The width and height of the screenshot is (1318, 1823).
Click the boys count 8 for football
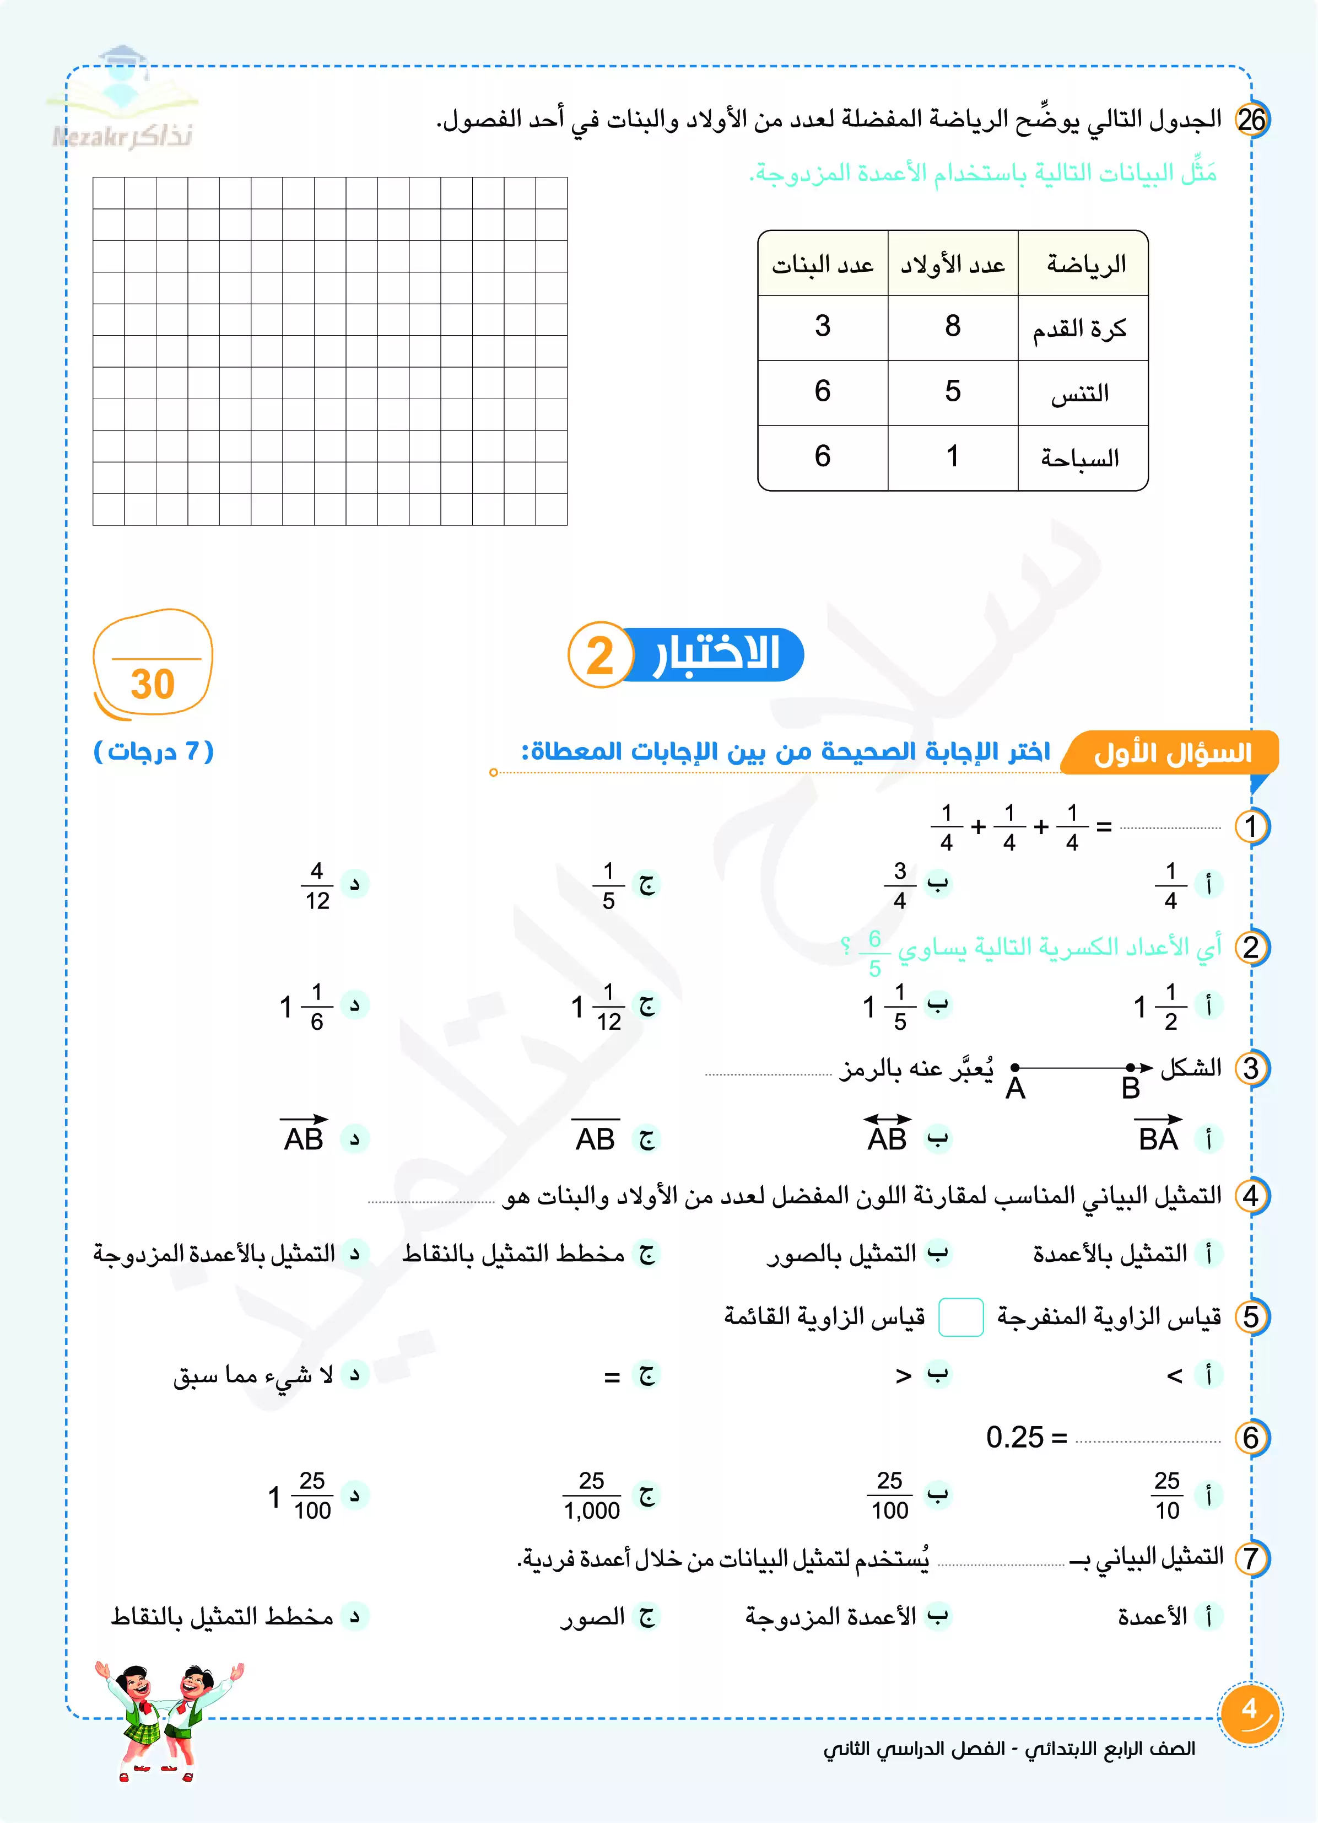(x=952, y=326)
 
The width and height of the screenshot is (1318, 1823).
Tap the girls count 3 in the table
(x=822, y=326)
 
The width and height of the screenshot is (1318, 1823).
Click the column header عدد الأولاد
(x=952, y=265)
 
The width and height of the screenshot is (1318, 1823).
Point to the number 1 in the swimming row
(x=952, y=456)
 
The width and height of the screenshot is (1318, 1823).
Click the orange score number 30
(x=153, y=685)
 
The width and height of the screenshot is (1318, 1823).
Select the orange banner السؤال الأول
(x=1172, y=753)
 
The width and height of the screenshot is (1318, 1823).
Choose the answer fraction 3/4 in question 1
(x=900, y=885)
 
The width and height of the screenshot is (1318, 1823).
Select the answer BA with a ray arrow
(x=1158, y=1136)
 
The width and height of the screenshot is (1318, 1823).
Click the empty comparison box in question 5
(x=961, y=1316)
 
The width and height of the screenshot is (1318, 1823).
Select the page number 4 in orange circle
(x=1250, y=1709)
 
